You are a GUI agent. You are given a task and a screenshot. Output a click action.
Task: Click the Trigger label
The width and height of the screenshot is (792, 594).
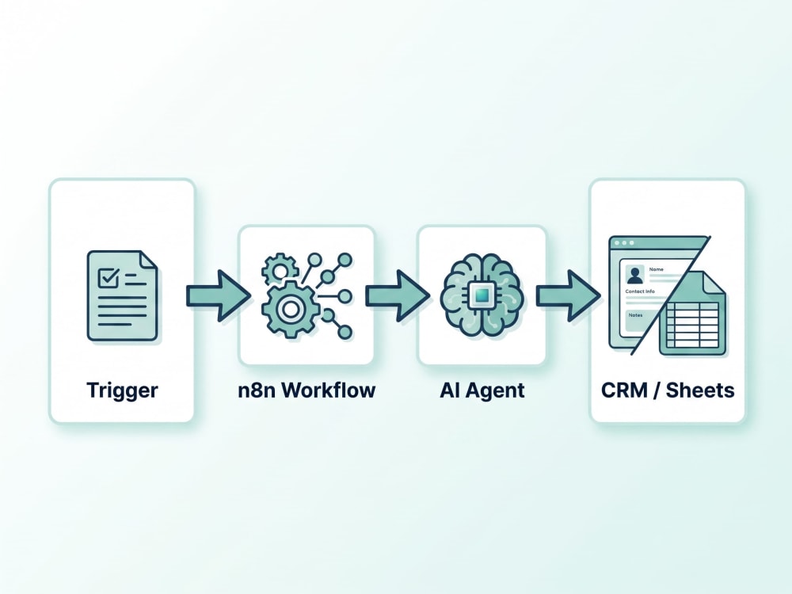[122, 390]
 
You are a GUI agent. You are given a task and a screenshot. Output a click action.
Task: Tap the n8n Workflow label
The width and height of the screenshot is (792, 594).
[307, 390]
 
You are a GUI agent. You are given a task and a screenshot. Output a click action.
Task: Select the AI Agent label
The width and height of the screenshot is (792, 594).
[482, 390]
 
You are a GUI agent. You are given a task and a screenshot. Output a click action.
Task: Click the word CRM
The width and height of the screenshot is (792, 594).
[624, 390]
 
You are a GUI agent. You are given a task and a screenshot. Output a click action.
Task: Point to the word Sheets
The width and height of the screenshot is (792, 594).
[700, 390]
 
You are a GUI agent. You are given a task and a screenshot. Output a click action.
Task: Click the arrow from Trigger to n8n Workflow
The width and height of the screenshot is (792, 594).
[219, 295]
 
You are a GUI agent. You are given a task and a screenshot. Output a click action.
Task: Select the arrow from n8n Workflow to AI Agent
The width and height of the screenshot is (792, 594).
[398, 295]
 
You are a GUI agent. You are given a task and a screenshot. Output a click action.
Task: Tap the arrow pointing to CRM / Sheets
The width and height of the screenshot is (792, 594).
[568, 295]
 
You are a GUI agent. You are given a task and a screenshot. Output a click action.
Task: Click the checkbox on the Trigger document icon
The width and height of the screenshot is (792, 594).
[109, 276]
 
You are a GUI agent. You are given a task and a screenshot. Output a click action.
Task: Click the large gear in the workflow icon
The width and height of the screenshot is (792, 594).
[290, 309]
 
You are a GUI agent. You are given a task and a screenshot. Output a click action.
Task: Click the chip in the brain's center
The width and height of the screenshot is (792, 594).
[482, 295]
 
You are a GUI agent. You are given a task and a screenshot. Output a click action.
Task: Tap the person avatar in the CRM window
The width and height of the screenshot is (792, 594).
[635, 276]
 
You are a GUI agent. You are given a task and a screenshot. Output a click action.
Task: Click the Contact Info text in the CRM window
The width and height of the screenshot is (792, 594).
[639, 291]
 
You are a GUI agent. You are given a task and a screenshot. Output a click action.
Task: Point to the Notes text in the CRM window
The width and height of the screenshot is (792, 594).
[635, 315]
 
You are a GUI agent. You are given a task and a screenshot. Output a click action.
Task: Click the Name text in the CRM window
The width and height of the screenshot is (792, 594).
[656, 269]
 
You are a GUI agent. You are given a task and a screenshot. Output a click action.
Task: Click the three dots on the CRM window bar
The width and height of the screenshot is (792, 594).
[624, 243]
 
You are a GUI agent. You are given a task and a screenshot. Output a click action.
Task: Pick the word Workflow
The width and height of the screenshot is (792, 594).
[329, 390]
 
